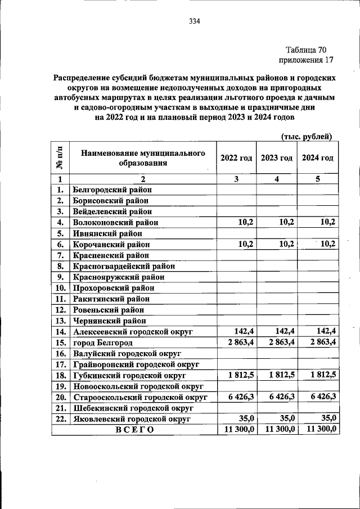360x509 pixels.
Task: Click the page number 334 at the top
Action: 195,22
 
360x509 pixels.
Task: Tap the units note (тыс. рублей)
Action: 306,136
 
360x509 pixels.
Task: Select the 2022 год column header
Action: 236,158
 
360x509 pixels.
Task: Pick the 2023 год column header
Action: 277,158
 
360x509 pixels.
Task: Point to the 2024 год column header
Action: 318,158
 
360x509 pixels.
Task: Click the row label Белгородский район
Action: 112,190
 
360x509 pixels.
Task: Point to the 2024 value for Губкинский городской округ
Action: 323,375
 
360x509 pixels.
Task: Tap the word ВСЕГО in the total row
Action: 134,430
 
